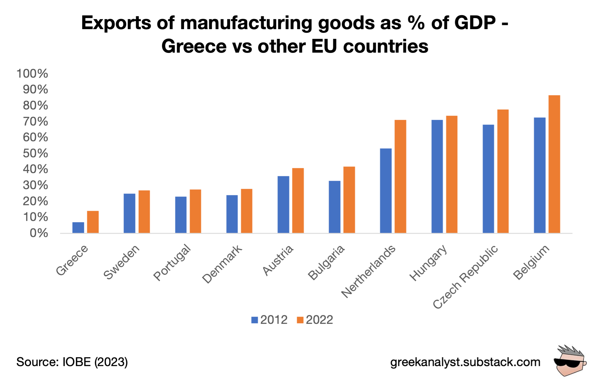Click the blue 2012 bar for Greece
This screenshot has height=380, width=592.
78,227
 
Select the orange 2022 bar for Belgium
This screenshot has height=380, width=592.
554,164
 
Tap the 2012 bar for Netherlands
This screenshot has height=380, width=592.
386,191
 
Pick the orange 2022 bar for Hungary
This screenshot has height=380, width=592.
452,174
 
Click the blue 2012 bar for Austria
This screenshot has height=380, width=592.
283,205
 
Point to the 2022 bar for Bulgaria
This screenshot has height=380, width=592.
349,200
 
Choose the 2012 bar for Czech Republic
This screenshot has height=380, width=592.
488,179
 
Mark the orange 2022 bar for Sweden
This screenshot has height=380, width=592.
144,212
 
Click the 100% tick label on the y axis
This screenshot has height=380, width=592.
32,73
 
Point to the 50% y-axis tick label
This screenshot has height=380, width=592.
35,153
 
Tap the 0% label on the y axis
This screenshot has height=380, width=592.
39,233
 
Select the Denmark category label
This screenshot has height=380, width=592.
222,264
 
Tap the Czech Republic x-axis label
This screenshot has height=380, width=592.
465,277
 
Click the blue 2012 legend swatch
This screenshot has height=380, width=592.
254,320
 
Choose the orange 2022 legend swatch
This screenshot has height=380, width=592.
300,320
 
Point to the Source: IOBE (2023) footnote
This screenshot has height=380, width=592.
72,362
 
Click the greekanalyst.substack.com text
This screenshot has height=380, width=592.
465,362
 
